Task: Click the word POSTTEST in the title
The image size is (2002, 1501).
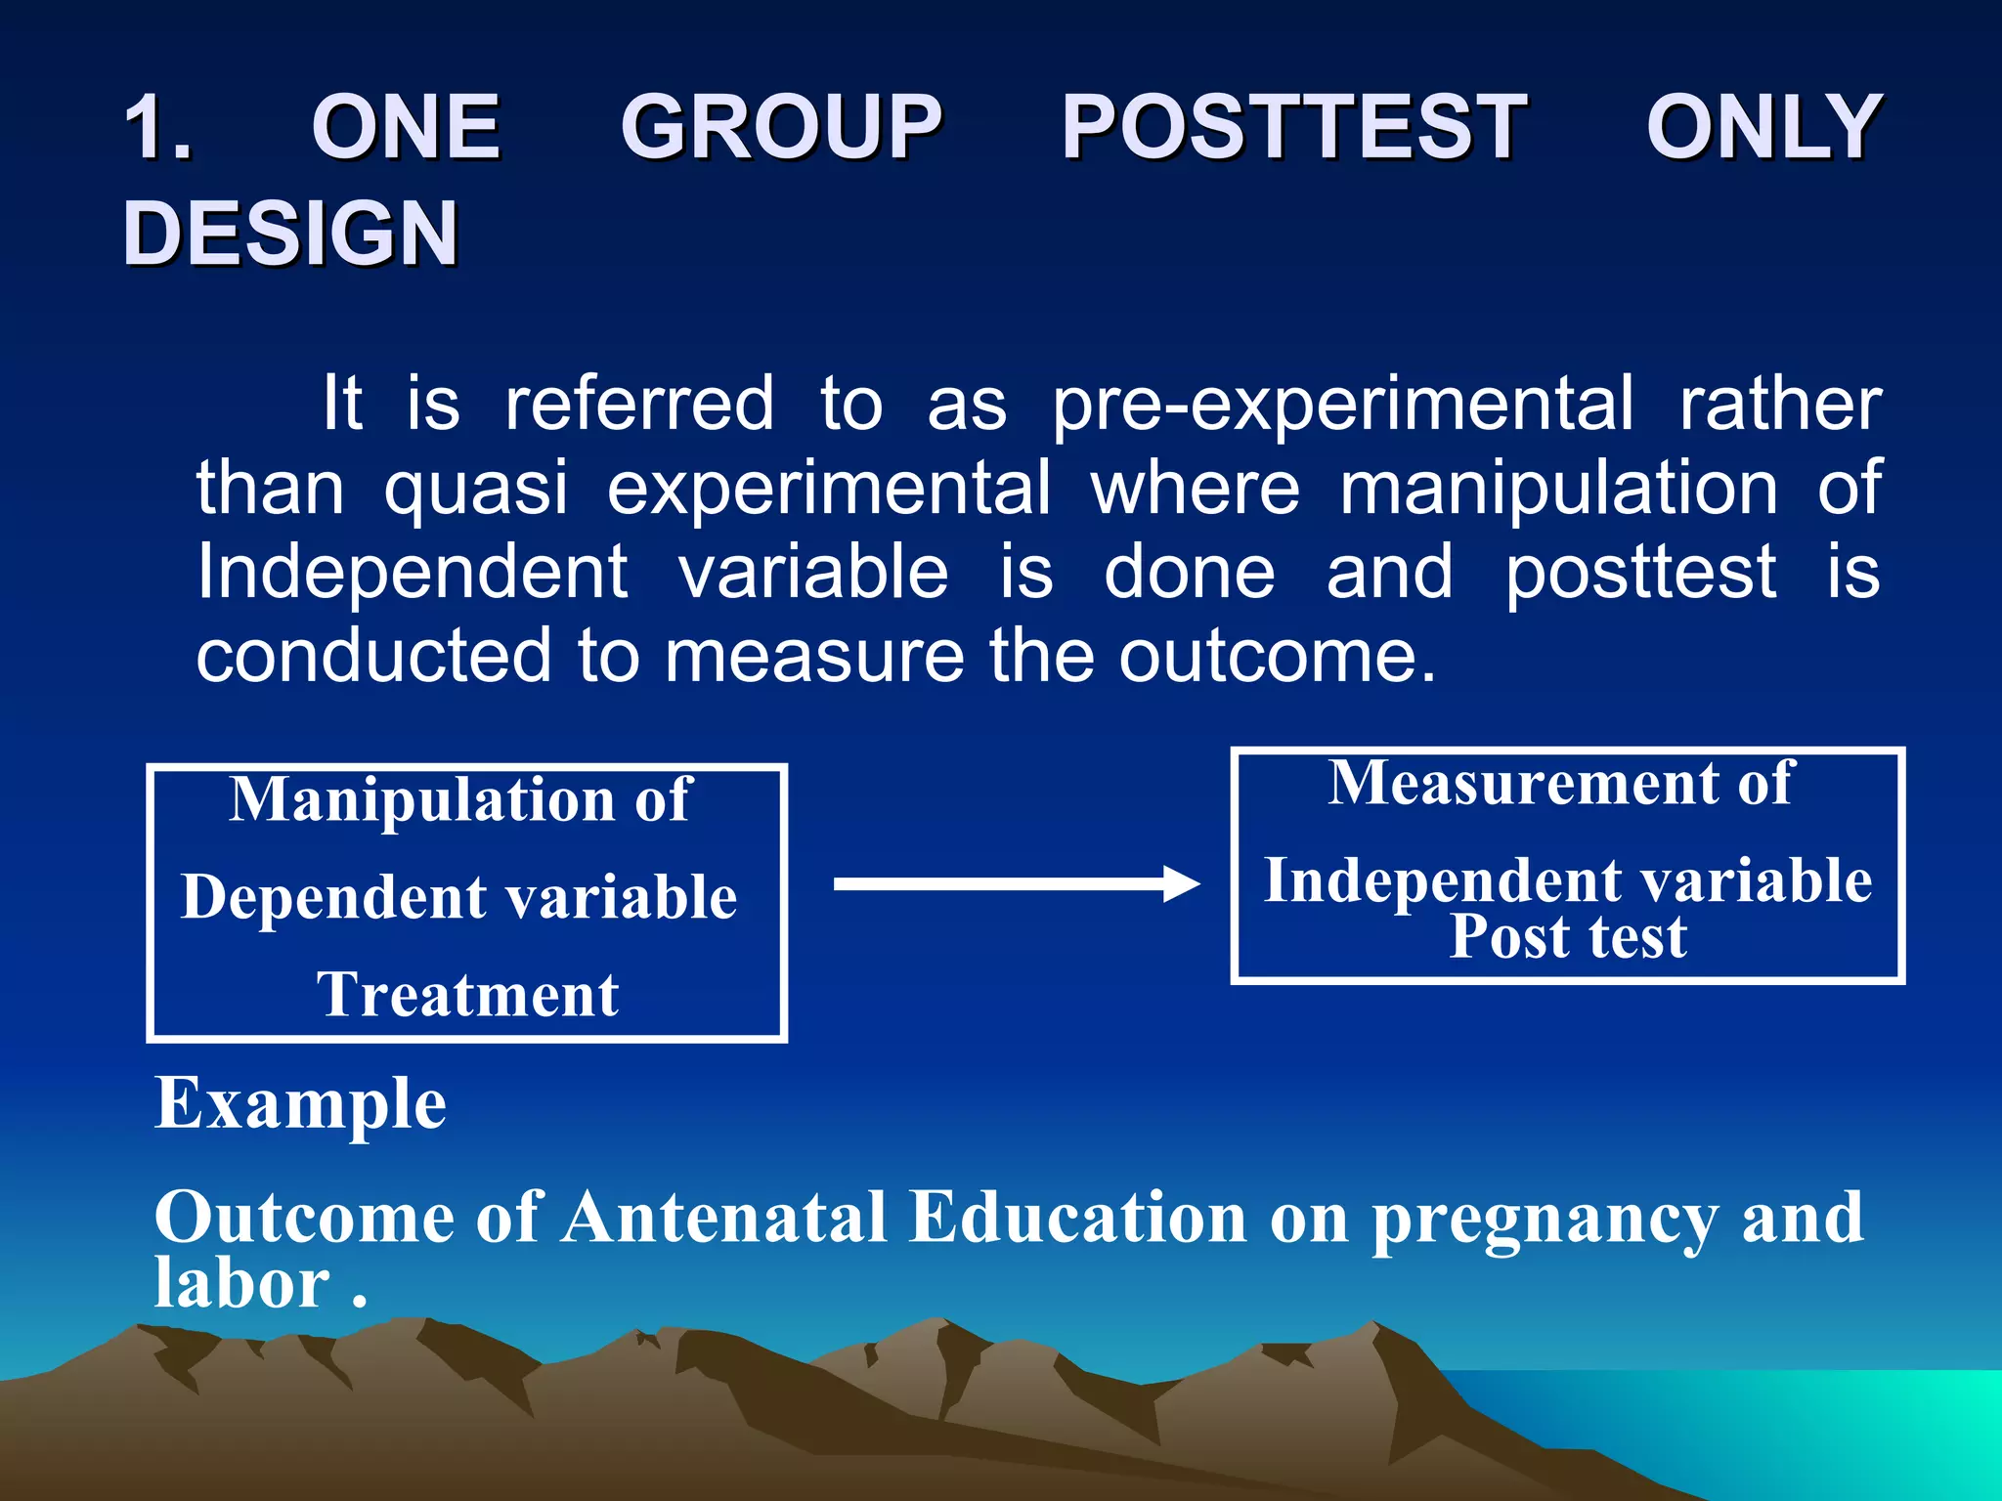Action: [x=1293, y=127]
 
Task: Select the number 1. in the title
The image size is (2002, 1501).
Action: [x=158, y=127]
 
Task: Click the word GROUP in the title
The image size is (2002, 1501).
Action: [x=781, y=127]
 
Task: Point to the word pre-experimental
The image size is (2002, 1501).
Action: [x=1341, y=404]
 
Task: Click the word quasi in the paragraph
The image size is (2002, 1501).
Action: [x=475, y=488]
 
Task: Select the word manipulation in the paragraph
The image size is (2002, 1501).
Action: [x=1558, y=488]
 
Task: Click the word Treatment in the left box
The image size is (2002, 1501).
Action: [x=467, y=995]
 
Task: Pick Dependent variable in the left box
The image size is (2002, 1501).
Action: [x=459, y=897]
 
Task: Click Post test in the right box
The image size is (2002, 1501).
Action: [x=1568, y=936]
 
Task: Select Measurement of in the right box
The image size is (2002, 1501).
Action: [x=1560, y=783]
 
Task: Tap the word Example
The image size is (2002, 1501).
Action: [x=301, y=1103]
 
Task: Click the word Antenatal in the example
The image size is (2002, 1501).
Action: [x=724, y=1218]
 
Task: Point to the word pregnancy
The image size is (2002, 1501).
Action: [x=1545, y=1220]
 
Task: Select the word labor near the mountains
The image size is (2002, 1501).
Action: [x=242, y=1282]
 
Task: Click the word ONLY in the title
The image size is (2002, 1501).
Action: [x=1763, y=127]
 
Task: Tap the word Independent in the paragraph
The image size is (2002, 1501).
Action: [x=412, y=573]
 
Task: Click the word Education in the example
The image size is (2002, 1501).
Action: [x=1077, y=1218]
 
